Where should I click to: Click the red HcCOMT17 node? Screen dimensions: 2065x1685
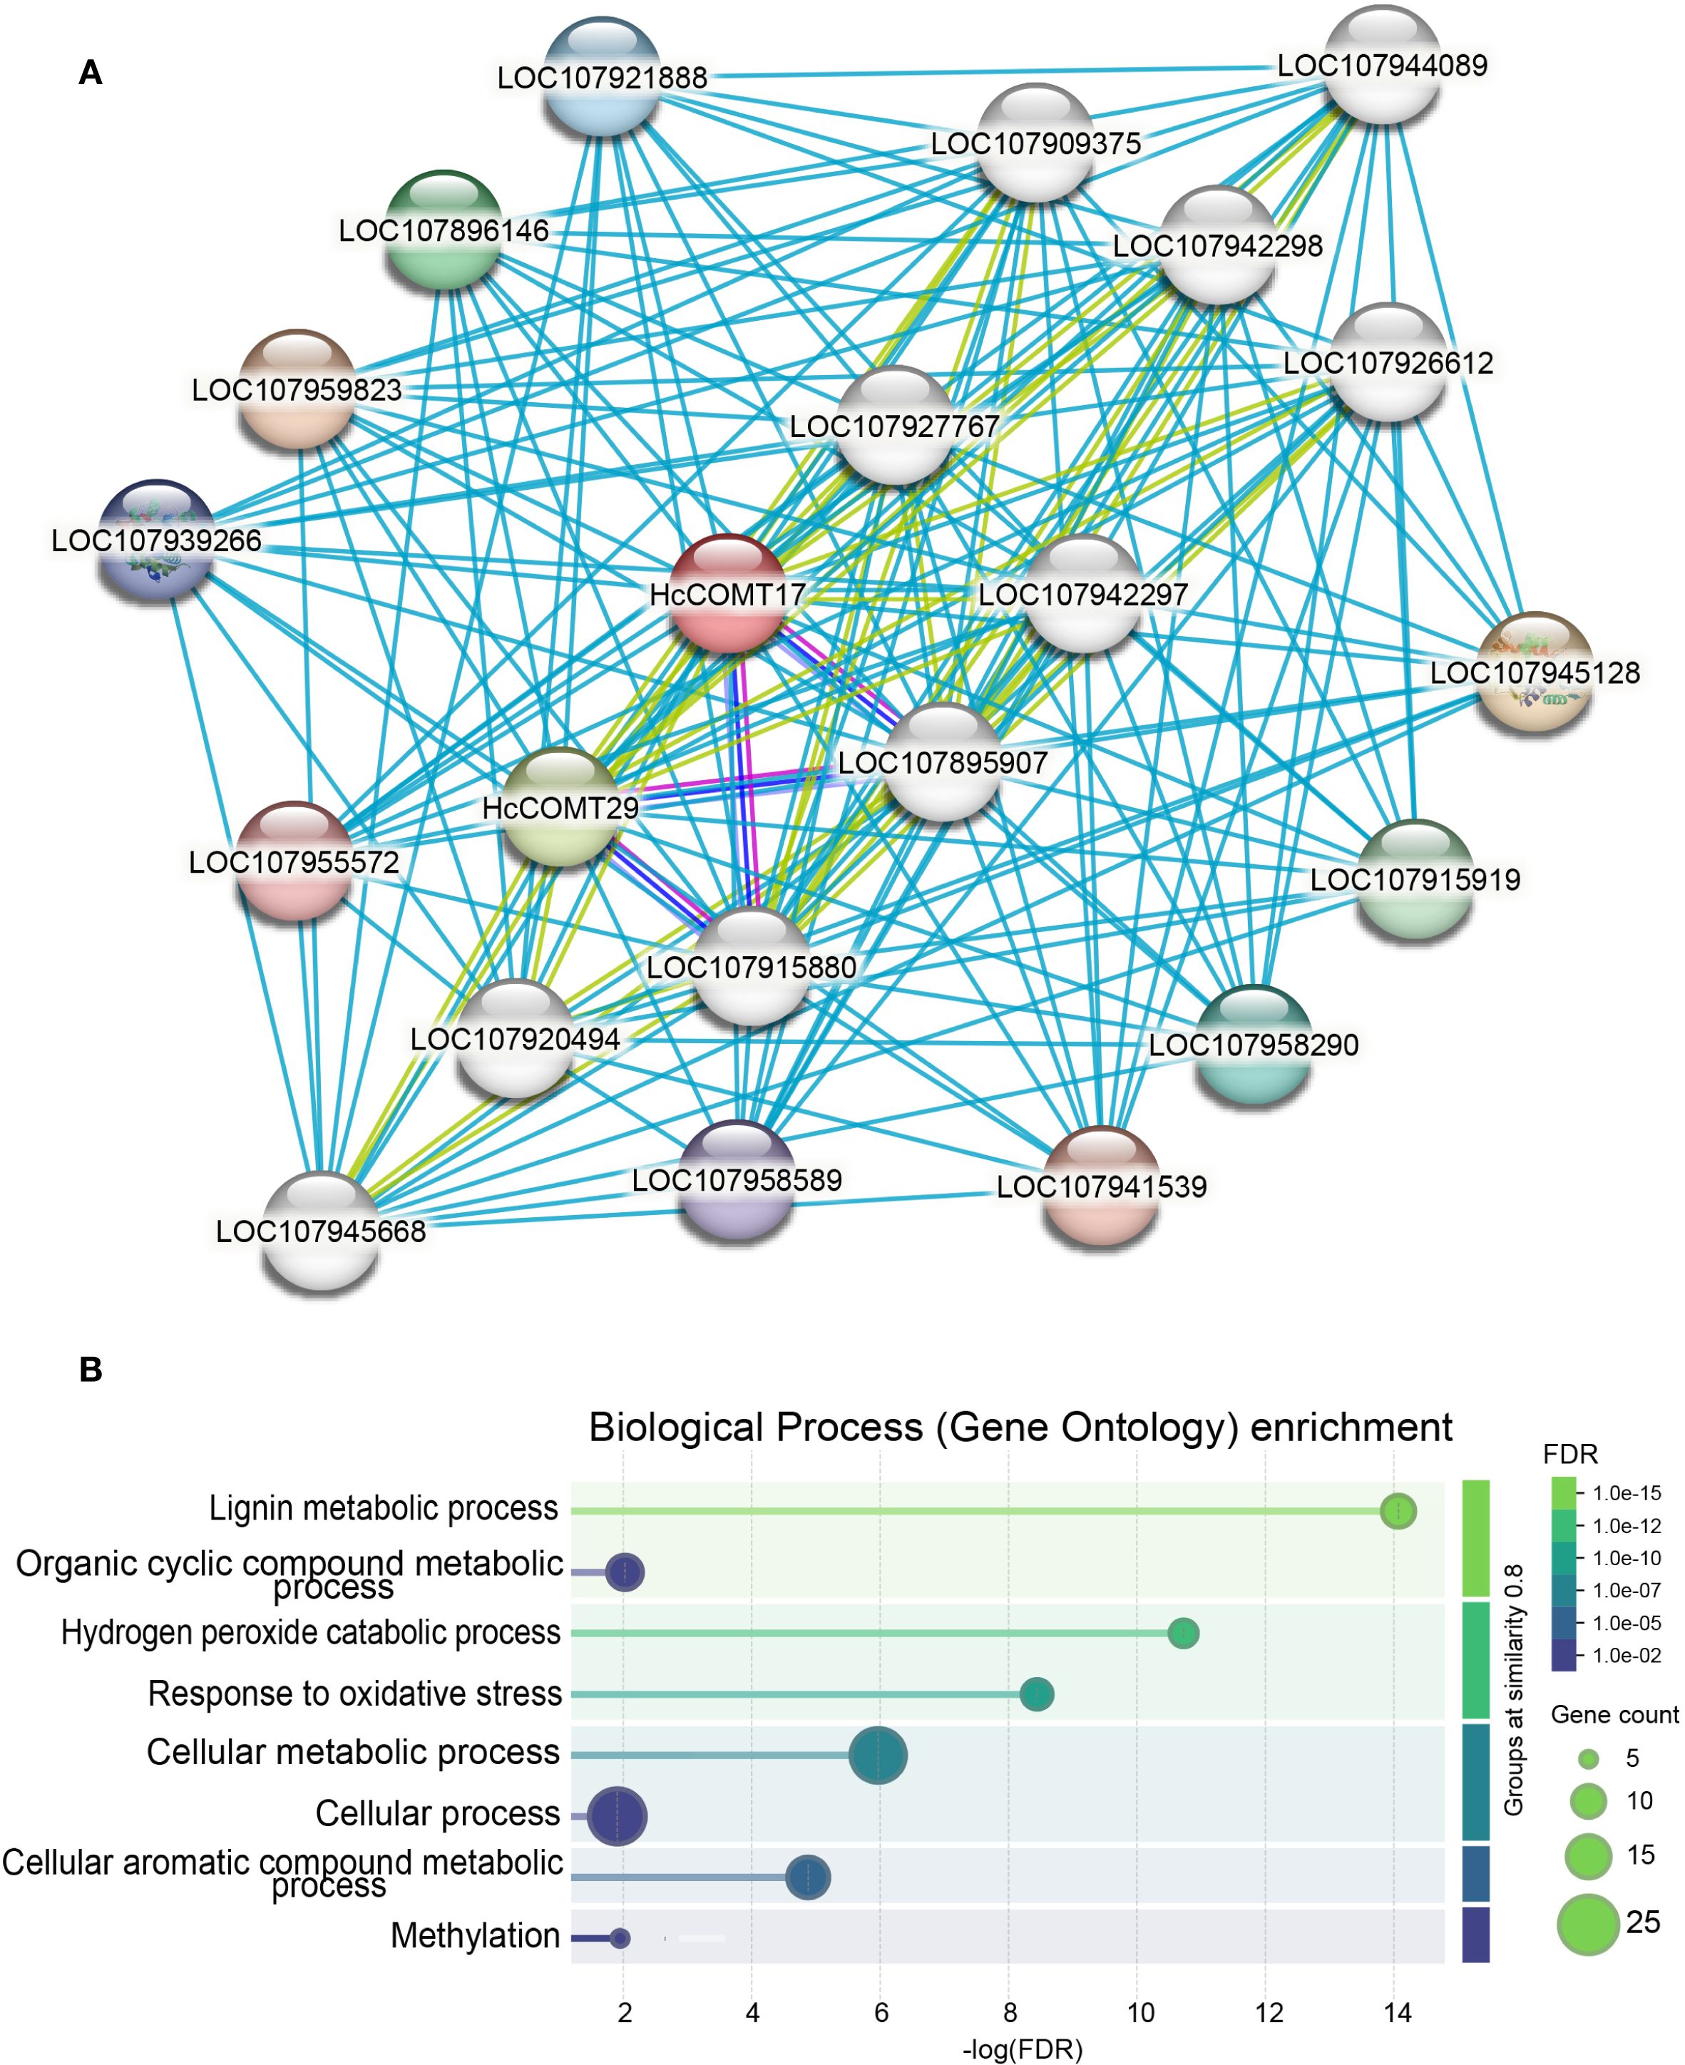[x=728, y=593]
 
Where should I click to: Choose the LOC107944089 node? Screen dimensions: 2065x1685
[x=1382, y=64]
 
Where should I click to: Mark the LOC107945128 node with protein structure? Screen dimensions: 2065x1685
[x=1535, y=672]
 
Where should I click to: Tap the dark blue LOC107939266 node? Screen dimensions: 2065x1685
[x=156, y=540]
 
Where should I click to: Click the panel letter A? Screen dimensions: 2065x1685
[x=91, y=73]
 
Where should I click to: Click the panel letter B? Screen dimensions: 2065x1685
[x=91, y=1369]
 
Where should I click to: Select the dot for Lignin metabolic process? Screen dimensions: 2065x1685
[x=1398, y=1511]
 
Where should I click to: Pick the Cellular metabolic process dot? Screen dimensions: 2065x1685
[x=879, y=1755]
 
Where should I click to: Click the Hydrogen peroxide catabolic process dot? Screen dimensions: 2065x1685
[x=1183, y=1633]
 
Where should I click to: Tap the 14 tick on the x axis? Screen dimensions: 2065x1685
[x=1397, y=2013]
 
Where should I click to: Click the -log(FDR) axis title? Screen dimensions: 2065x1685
[x=1022, y=2049]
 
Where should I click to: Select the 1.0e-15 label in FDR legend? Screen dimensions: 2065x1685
[x=1627, y=1493]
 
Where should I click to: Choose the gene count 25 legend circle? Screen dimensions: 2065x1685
[x=1589, y=1923]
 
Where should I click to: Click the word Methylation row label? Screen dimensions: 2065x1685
[x=475, y=1936]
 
